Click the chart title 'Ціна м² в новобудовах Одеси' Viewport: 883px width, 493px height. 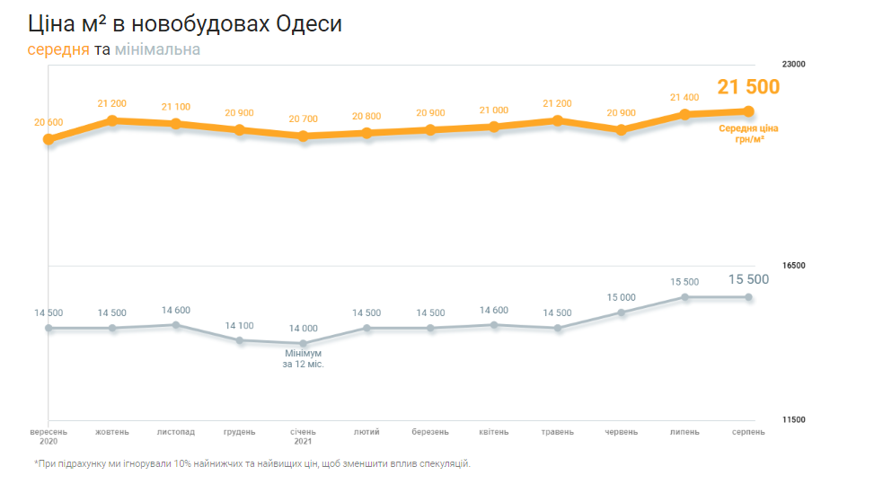point(184,24)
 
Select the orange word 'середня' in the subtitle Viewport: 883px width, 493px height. point(58,49)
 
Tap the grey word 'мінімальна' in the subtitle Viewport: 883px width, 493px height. point(157,49)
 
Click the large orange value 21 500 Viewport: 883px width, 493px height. point(747,87)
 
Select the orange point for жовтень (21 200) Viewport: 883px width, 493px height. point(112,120)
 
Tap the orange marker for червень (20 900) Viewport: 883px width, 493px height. point(621,129)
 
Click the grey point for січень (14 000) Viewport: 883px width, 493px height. point(303,343)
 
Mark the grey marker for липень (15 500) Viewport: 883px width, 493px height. point(684,296)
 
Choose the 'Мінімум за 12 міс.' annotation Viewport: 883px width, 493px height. point(303,359)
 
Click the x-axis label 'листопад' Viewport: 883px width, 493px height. point(175,432)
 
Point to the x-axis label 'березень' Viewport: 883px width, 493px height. point(430,432)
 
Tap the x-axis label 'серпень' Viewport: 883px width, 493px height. point(747,432)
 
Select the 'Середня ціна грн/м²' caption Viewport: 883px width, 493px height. point(747,134)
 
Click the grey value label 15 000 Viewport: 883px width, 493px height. point(621,297)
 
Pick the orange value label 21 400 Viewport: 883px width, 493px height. point(684,97)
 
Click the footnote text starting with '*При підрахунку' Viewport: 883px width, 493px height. point(252,464)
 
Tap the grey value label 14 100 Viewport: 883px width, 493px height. point(239,326)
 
